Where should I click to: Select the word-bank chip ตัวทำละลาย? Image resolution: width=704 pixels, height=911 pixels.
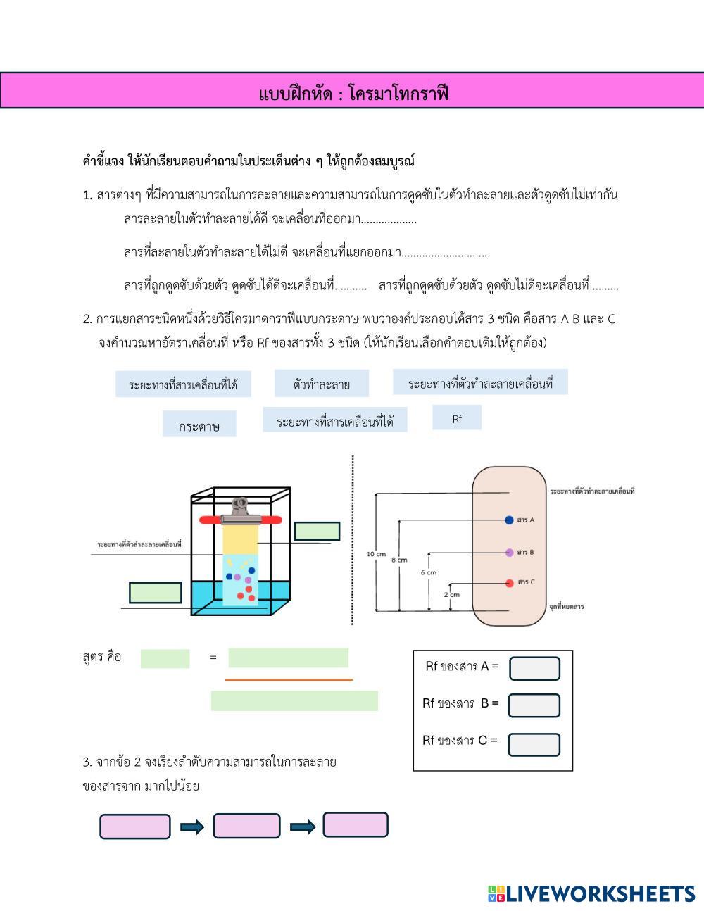321,384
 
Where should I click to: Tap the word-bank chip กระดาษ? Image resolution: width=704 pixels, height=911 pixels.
199,425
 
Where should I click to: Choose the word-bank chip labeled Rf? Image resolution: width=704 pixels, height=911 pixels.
457,418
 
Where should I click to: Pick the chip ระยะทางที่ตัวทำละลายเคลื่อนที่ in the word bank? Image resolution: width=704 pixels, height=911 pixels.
480,382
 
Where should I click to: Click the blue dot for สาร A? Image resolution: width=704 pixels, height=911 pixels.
509,520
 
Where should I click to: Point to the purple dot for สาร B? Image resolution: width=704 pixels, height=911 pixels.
509,552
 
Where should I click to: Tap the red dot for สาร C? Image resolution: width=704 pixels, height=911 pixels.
509,582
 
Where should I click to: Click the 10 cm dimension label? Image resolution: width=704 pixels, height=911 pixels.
376,554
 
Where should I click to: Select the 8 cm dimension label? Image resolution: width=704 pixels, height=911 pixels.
399,560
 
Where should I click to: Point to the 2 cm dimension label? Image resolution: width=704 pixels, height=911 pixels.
452,594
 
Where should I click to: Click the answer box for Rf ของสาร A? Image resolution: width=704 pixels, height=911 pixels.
534,668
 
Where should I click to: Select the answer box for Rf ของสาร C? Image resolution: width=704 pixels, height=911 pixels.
534,744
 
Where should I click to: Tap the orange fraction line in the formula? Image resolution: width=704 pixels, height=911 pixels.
289,680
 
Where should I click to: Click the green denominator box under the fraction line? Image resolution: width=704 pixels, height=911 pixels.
294,700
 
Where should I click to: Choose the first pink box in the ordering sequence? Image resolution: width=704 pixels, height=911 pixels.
135,827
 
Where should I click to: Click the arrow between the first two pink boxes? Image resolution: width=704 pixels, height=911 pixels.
191,827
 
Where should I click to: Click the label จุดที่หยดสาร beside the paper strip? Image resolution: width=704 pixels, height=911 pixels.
566,606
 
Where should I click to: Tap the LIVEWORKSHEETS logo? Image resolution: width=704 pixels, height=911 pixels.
591,893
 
